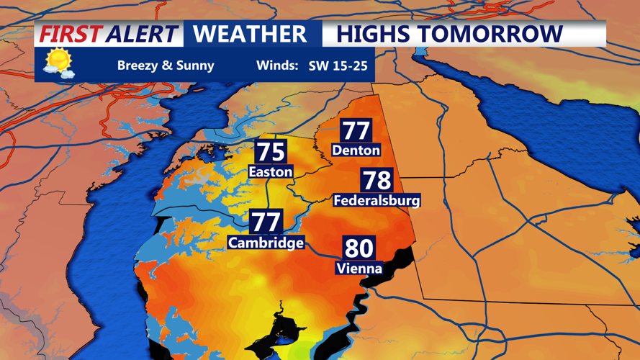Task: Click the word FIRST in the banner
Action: click(x=70, y=34)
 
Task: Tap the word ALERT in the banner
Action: click(x=141, y=34)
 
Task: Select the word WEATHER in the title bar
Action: click(x=250, y=34)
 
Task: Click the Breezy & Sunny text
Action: click(x=166, y=66)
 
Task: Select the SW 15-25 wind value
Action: click(x=338, y=66)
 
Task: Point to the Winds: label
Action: click(x=277, y=66)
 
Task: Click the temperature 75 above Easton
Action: click(x=271, y=152)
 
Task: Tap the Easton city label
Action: click(x=270, y=171)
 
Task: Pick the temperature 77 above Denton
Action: click(x=356, y=130)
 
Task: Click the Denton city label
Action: click(x=356, y=150)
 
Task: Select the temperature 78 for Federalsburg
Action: click(x=377, y=180)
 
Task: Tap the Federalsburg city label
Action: click(x=377, y=200)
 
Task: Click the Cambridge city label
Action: click(x=266, y=243)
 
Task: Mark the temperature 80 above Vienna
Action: click(x=359, y=248)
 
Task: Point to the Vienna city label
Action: click(x=359, y=269)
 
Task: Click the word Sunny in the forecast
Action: click(x=194, y=66)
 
